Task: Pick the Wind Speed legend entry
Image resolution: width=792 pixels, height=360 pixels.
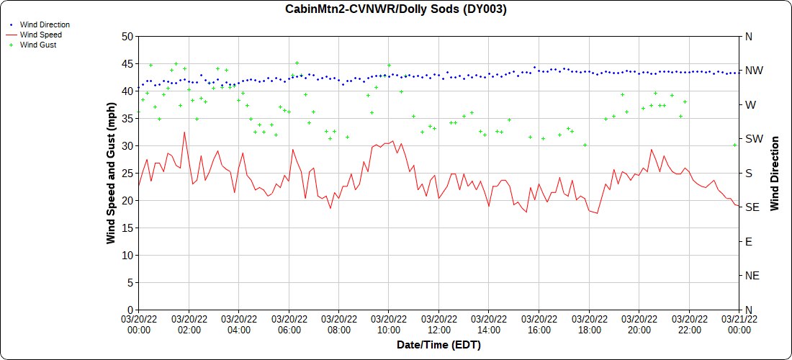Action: point(40,35)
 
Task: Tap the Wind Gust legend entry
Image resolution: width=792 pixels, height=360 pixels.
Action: point(38,45)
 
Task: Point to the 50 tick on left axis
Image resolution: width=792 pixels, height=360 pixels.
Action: point(127,36)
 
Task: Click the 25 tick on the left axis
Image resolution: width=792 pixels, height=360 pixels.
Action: point(127,173)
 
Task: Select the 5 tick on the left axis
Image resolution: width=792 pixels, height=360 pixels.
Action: point(130,282)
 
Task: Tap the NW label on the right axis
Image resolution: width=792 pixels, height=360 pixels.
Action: point(754,71)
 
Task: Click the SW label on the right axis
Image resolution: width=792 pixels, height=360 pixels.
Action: point(754,139)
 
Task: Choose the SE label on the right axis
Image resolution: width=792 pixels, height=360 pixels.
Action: point(752,207)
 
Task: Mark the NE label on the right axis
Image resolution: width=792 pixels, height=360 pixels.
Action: point(752,276)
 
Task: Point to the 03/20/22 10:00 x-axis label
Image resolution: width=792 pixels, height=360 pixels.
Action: point(389,325)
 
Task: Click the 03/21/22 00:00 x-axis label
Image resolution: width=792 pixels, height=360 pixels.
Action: point(739,325)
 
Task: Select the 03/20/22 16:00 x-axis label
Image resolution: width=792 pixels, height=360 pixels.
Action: point(539,325)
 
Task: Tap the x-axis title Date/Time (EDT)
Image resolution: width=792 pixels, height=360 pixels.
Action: point(438,345)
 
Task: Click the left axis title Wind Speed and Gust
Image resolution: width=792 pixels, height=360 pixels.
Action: point(111,173)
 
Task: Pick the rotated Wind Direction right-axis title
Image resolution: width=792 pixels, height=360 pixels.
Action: point(775,173)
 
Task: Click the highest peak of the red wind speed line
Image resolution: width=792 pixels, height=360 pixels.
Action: point(184,132)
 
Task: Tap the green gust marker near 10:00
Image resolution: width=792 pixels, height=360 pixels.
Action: point(389,66)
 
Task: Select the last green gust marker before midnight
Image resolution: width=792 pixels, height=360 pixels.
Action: point(734,145)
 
